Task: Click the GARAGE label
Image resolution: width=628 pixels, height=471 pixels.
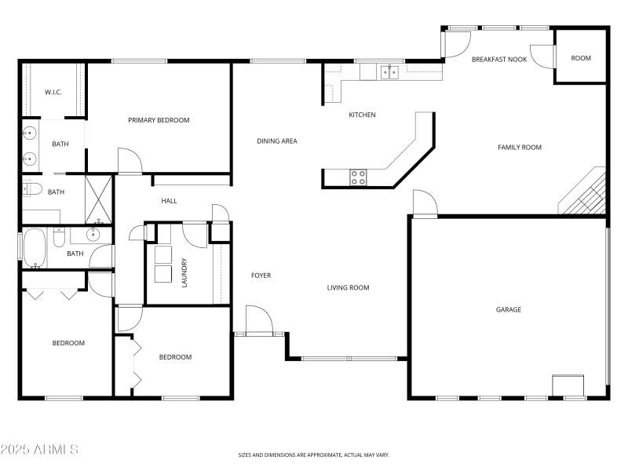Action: [x=508, y=309]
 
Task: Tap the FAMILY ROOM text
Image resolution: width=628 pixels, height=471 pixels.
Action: [x=519, y=147]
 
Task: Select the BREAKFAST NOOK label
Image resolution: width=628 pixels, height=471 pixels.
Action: [x=498, y=59]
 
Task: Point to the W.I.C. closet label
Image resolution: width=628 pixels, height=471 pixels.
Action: [x=53, y=92]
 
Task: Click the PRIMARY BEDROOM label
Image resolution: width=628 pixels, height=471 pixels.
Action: [x=159, y=120]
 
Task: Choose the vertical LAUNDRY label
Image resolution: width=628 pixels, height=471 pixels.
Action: [x=184, y=272]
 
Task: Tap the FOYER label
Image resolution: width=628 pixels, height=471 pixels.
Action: [x=261, y=276]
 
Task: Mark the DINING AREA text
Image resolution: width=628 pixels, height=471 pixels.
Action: [x=277, y=141]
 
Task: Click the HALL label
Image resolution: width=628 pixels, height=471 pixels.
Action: [x=169, y=201]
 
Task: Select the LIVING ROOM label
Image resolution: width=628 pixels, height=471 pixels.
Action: [x=348, y=288]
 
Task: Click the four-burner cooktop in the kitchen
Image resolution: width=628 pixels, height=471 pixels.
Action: [x=358, y=177]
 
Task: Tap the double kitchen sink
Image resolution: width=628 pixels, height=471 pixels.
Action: [x=389, y=73]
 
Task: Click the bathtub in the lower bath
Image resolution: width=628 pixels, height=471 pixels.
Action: [x=35, y=247]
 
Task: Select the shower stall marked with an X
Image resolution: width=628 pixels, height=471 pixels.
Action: [x=99, y=191]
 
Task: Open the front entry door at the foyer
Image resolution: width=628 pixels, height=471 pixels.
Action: [x=259, y=322]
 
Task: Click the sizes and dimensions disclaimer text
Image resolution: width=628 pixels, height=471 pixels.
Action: [x=313, y=455]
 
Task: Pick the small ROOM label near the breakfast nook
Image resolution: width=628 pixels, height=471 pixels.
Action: [x=580, y=58]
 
